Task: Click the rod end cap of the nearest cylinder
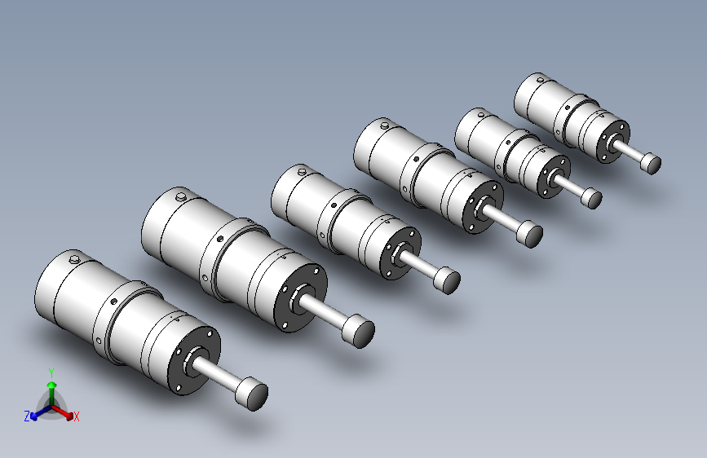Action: [252, 394]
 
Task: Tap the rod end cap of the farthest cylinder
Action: [651, 163]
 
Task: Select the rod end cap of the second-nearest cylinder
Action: [359, 331]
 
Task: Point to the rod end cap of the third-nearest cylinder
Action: [447, 280]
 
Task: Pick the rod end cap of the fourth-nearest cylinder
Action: [529, 234]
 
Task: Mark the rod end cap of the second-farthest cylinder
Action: [591, 198]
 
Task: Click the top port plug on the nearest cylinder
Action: [74, 259]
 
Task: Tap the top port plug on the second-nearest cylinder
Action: [181, 196]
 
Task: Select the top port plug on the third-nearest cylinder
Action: [302, 171]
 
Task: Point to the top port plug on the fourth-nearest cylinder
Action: [385, 125]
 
